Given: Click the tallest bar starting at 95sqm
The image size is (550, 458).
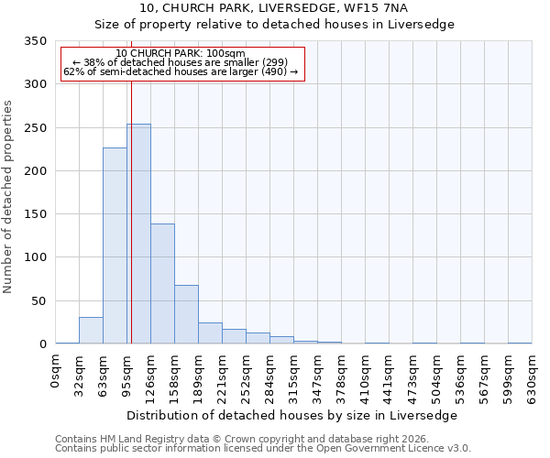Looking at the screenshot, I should click(x=138, y=234).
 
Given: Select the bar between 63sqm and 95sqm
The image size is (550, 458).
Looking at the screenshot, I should click(x=115, y=245).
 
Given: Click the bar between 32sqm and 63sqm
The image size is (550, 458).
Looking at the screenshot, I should click(x=91, y=331).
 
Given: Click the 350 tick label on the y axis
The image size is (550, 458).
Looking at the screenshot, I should click(x=34, y=41).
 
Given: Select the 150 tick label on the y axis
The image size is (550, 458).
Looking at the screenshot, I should click(x=34, y=214).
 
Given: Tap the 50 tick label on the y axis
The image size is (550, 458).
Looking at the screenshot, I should click(x=38, y=300).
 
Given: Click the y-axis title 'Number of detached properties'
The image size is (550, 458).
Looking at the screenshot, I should click(x=9, y=197).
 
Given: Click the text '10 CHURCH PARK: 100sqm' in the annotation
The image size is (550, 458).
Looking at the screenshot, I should click(x=181, y=53).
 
